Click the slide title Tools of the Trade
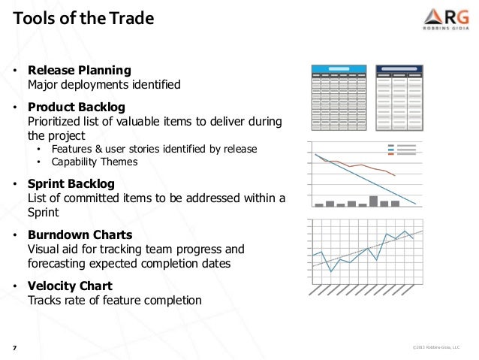pyautogui.click(x=83, y=17)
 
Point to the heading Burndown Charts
pyautogui.click(x=80, y=235)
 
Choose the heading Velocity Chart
pyautogui.click(x=70, y=286)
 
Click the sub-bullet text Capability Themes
pyautogui.click(x=94, y=162)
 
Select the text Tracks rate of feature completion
pyautogui.click(x=115, y=300)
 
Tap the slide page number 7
pyautogui.click(x=14, y=347)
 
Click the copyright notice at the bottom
pyautogui.click(x=436, y=347)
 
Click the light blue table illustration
pyautogui.click(x=339, y=98)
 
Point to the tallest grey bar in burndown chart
pyautogui.click(x=373, y=201)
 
